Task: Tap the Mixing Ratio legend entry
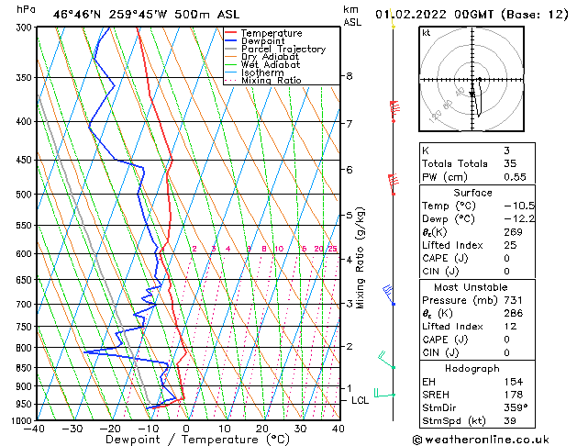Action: coord(272,81)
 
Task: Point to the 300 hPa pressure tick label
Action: coord(20,28)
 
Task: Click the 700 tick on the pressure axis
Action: coord(20,304)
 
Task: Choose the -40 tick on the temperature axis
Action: coord(35,429)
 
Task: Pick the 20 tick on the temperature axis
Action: coord(261,429)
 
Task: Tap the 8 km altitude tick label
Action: coord(350,75)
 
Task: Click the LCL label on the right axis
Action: coord(360,400)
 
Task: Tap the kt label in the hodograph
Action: coord(427,33)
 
